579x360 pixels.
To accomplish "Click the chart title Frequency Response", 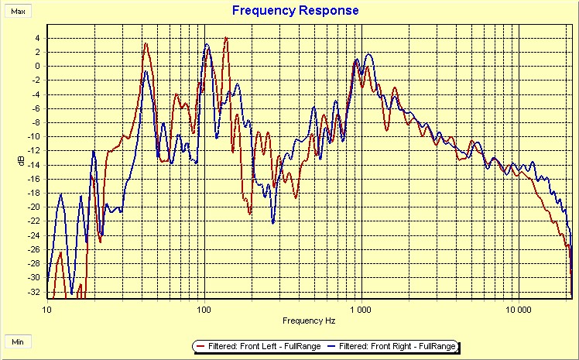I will (x=296, y=10).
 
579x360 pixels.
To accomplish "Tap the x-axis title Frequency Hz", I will (x=309, y=320).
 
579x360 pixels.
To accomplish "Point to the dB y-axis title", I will (x=22, y=162).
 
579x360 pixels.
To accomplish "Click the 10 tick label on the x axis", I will (x=47, y=308).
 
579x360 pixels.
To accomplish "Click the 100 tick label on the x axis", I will (x=204, y=308).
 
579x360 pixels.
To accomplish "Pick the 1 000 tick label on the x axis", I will (x=361, y=308).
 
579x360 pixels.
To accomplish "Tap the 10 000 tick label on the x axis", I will (x=518, y=308).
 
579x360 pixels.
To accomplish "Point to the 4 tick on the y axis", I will (x=37, y=37).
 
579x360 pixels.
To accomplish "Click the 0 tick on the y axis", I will (x=37, y=66).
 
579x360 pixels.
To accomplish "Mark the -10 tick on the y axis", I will (x=35, y=136).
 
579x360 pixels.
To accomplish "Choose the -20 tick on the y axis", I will (x=35, y=207).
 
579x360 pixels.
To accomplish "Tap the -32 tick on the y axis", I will (x=35, y=292).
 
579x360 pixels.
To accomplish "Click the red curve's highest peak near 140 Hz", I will (x=225, y=38).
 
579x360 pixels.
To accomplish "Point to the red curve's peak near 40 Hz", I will (x=146, y=43).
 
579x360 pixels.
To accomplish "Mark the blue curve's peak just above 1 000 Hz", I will (x=368, y=54).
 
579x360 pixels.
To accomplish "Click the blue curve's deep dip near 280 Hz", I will (x=272, y=221).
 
